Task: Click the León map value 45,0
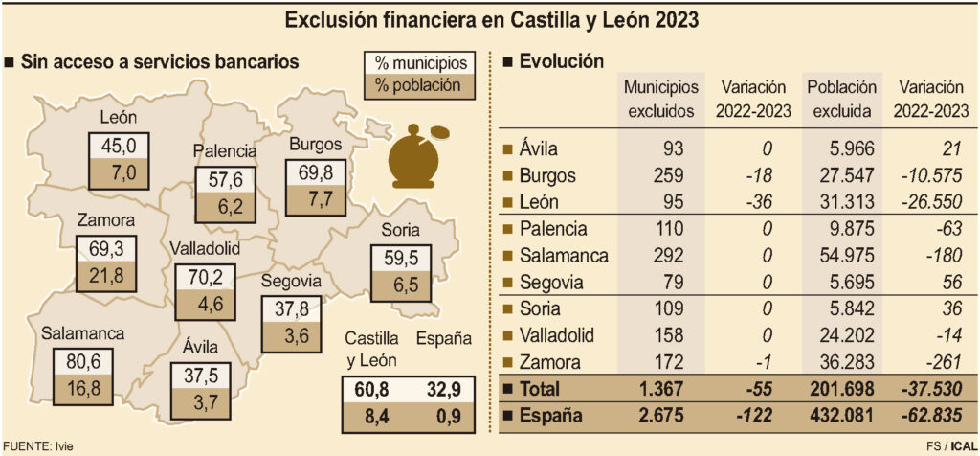click(120, 147)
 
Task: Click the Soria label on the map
click(400, 230)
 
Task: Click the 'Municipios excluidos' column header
click(660, 99)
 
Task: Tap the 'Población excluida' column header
click(841, 99)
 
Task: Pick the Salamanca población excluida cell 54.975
click(842, 256)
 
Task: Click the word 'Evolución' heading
click(561, 61)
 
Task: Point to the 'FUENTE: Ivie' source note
click(38, 446)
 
